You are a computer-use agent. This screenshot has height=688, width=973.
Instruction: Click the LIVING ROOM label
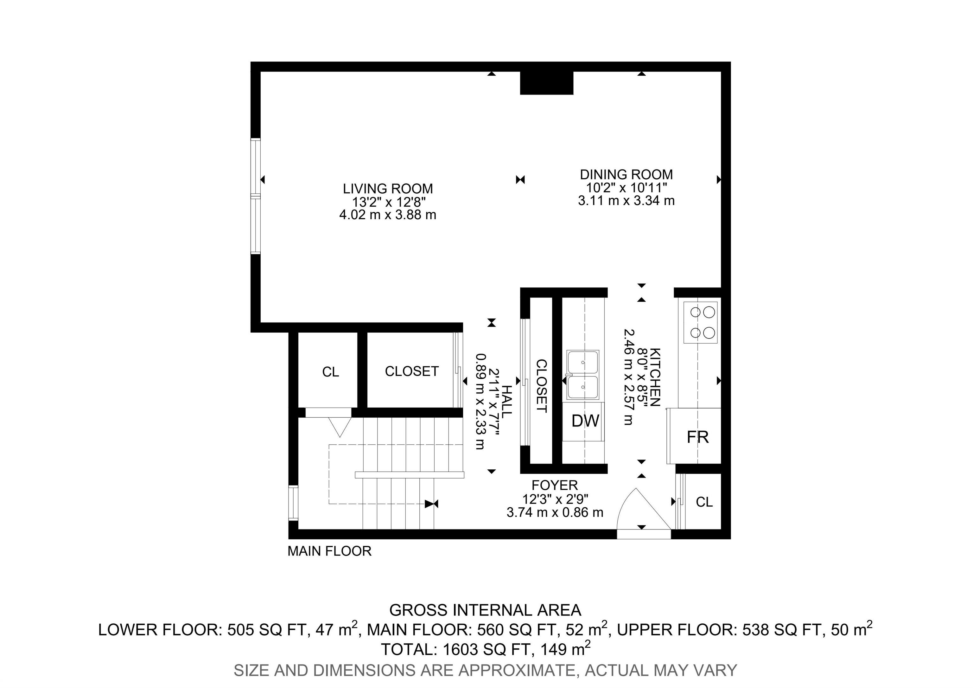[x=388, y=189]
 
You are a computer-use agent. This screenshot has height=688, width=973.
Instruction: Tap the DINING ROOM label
[x=626, y=175]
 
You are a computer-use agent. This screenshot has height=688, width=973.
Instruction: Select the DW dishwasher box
[x=585, y=421]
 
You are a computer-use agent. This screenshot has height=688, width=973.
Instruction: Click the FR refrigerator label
[x=697, y=437]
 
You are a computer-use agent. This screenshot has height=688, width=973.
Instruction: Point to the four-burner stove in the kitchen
[x=700, y=323]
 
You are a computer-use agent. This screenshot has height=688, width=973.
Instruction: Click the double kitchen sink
[x=583, y=375]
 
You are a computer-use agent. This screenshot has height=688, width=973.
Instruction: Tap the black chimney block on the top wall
[x=547, y=83]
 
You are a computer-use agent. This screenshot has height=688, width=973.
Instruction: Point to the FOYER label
[x=555, y=485]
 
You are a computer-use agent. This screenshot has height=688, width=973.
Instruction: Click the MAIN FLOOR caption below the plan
[x=329, y=551]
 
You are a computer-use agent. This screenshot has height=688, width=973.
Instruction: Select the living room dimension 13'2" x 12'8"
[x=389, y=202]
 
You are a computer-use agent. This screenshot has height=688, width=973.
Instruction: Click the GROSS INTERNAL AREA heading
[x=485, y=610]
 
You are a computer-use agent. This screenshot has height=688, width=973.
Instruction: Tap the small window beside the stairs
[x=293, y=503]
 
